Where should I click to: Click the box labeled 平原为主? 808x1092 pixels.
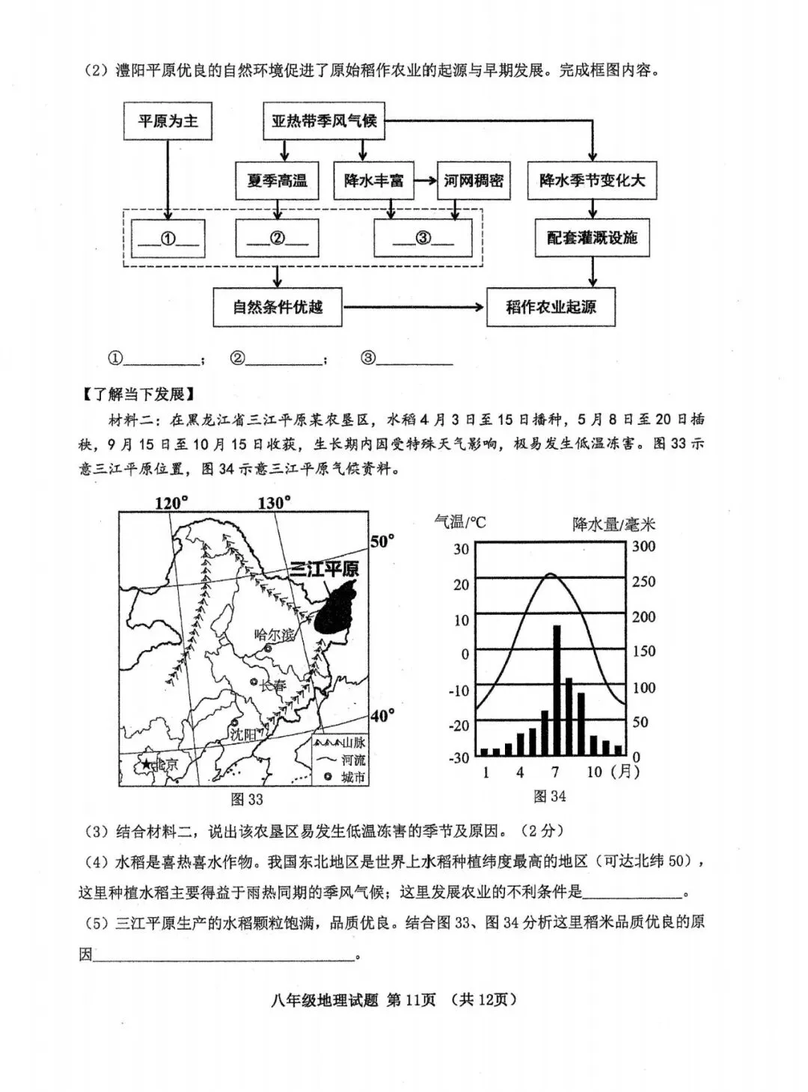[x=168, y=121]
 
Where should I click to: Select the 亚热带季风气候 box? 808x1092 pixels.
[x=323, y=121]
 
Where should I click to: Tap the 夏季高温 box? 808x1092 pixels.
[x=277, y=180]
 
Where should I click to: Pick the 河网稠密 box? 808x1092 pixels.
[x=474, y=180]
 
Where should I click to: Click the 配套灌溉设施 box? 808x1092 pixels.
[x=592, y=238]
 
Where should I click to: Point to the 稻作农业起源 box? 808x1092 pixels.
[x=551, y=307]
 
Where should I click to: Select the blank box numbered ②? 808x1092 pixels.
[x=277, y=239]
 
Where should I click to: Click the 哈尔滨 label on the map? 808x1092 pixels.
[x=274, y=635]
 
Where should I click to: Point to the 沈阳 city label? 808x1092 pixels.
[x=243, y=734]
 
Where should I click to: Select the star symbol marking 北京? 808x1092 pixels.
[x=147, y=764]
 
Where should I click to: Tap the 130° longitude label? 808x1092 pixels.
[x=274, y=503]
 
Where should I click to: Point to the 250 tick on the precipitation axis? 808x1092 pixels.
[x=643, y=581]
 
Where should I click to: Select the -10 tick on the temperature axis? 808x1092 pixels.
[x=459, y=690]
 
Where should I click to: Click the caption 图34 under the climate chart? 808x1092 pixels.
[x=550, y=797]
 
